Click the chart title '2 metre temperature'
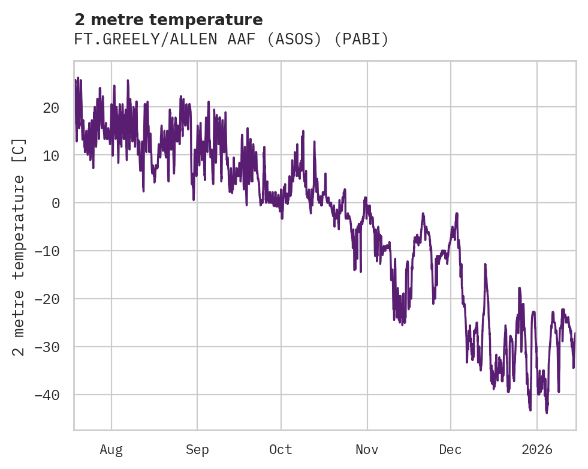point(168,19)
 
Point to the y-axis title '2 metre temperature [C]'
point(19,246)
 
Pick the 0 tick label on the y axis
point(56,203)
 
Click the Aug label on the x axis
point(111,449)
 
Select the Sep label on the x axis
point(197,449)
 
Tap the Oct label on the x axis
point(281,449)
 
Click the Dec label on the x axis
point(450,449)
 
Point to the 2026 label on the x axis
point(536,449)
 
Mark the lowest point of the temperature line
point(547,413)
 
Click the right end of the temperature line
point(575,333)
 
